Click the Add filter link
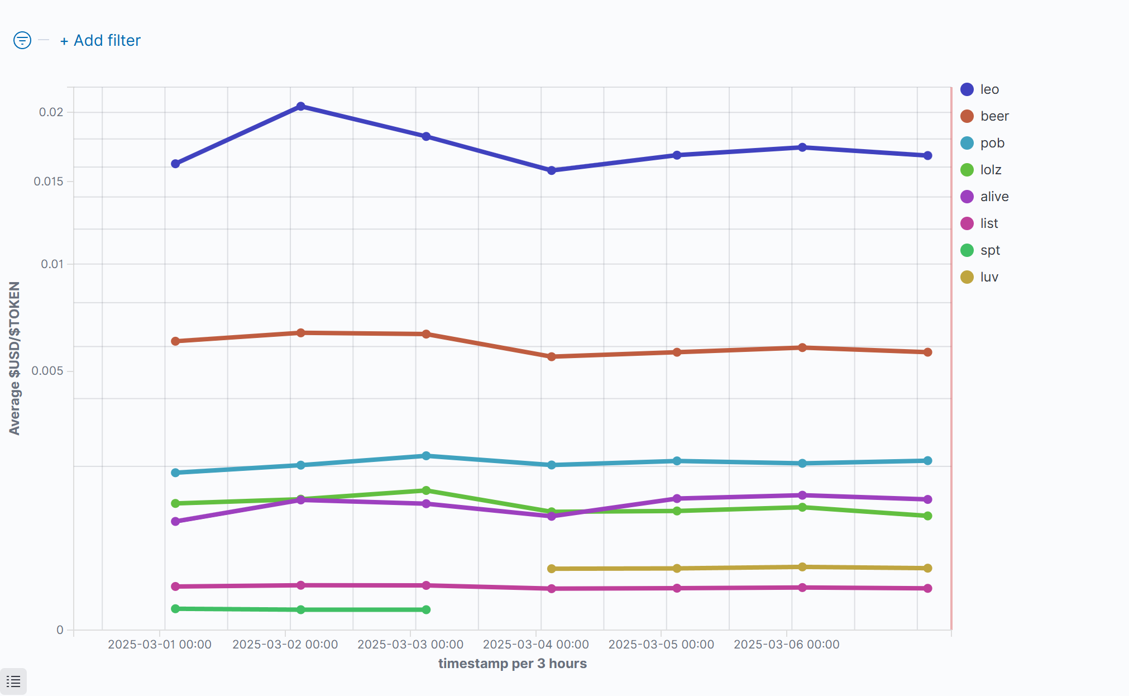(x=101, y=41)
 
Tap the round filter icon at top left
(x=22, y=40)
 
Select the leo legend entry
(x=989, y=89)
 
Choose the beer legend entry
(x=994, y=116)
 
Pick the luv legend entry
(x=989, y=277)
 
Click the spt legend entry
(x=989, y=250)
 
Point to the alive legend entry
(x=994, y=197)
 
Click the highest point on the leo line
(x=301, y=106)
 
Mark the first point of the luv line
(x=552, y=569)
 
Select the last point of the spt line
(x=426, y=609)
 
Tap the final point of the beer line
(x=927, y=352)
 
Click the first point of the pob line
(x=175, y=473)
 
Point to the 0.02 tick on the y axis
(x=51, y=112)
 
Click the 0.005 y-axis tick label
(x=47, y=371)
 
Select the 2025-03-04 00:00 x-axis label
(x=535, y=645)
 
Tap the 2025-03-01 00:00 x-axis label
(x=160, y=645)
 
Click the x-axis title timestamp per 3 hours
(x=512, y=664)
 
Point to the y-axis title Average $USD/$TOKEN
(x=15, y=358)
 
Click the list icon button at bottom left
(x=13, y=681)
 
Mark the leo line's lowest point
(x=552, y=170)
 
